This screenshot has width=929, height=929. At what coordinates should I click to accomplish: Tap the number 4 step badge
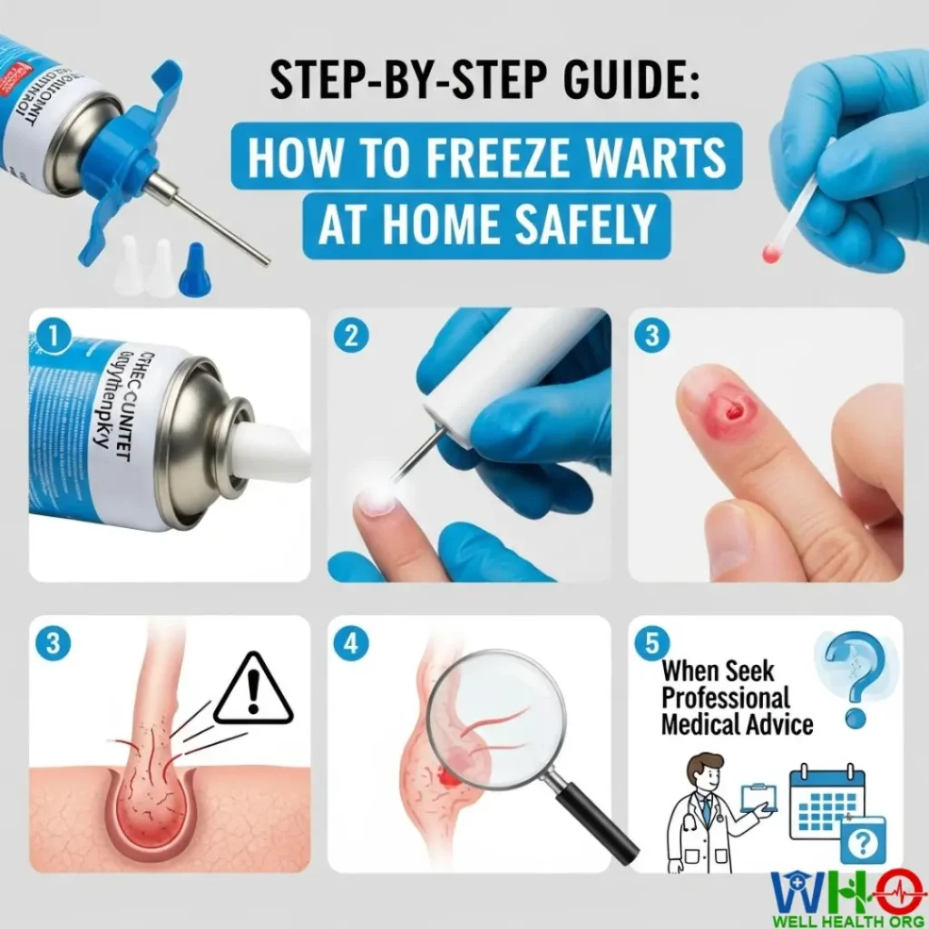point(352,643)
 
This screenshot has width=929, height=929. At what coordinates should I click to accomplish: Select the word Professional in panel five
point(726,698)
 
